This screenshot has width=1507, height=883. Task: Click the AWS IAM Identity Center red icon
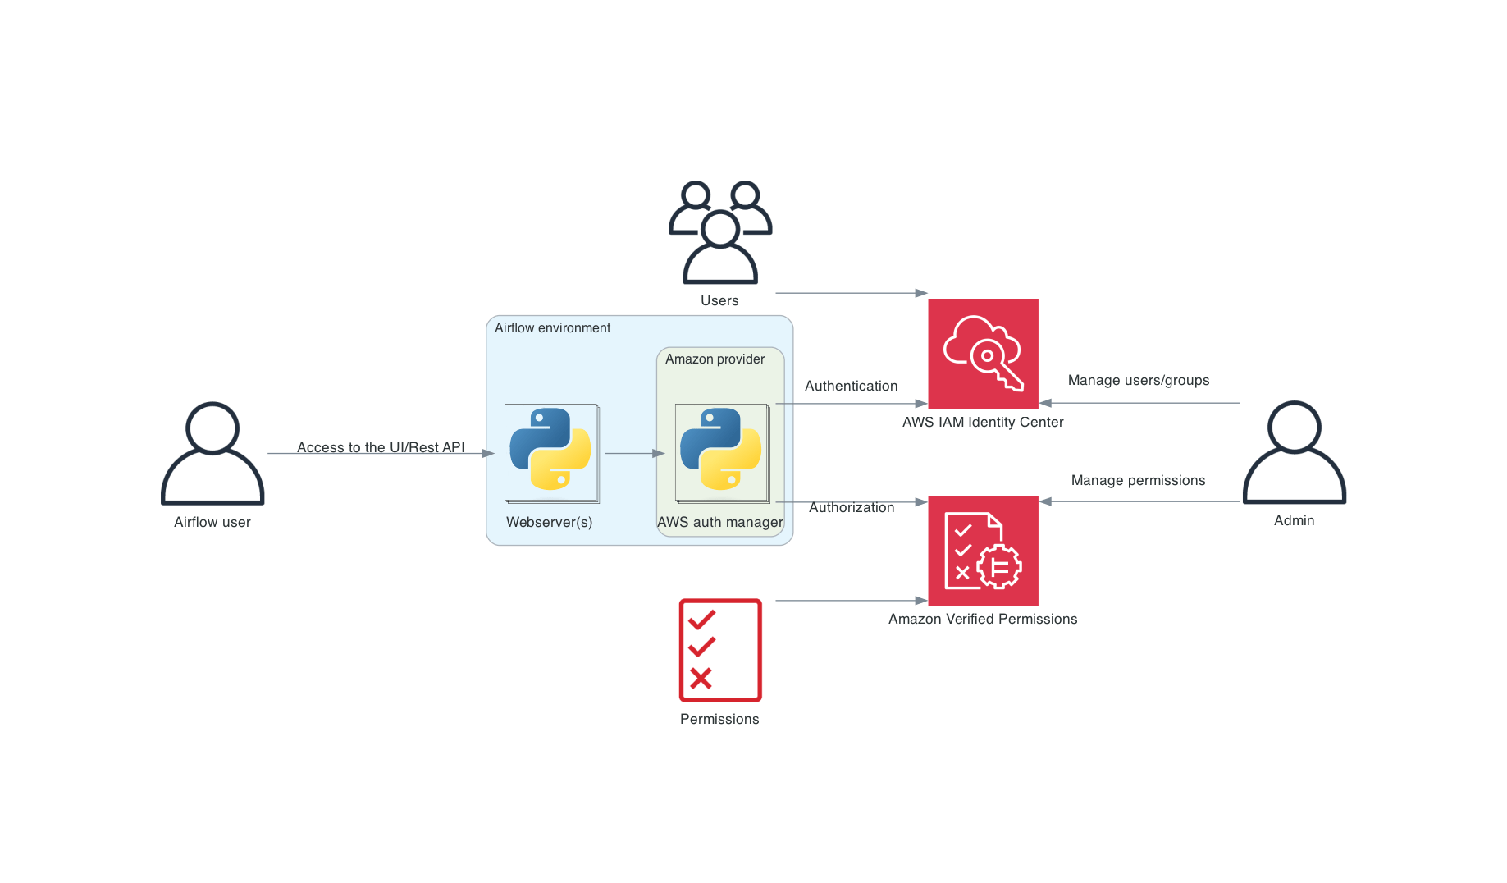[983, 354]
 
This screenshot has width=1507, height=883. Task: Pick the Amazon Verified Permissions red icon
[983, 551]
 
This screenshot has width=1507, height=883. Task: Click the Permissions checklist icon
[720, 650]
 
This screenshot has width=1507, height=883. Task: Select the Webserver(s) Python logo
[550, 450]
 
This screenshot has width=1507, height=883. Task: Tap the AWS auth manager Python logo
[721, 450]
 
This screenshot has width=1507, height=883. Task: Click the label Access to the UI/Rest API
[381, 447]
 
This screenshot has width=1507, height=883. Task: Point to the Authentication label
[851, 386]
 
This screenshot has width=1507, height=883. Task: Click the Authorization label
[852, 507]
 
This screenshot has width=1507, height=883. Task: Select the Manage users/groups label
[1138, 380]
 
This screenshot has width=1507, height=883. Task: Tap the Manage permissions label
[1138, 480]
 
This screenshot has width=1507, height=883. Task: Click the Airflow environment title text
[552, 327]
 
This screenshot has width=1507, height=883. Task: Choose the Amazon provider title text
[715, 359]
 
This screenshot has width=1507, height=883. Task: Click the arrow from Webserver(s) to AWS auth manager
[634, 453]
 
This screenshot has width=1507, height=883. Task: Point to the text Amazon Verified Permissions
[983, 619]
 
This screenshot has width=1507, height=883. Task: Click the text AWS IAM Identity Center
[983, 422]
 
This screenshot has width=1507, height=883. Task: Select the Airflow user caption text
[212, 522]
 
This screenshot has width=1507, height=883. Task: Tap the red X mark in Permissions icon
[701, 678]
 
